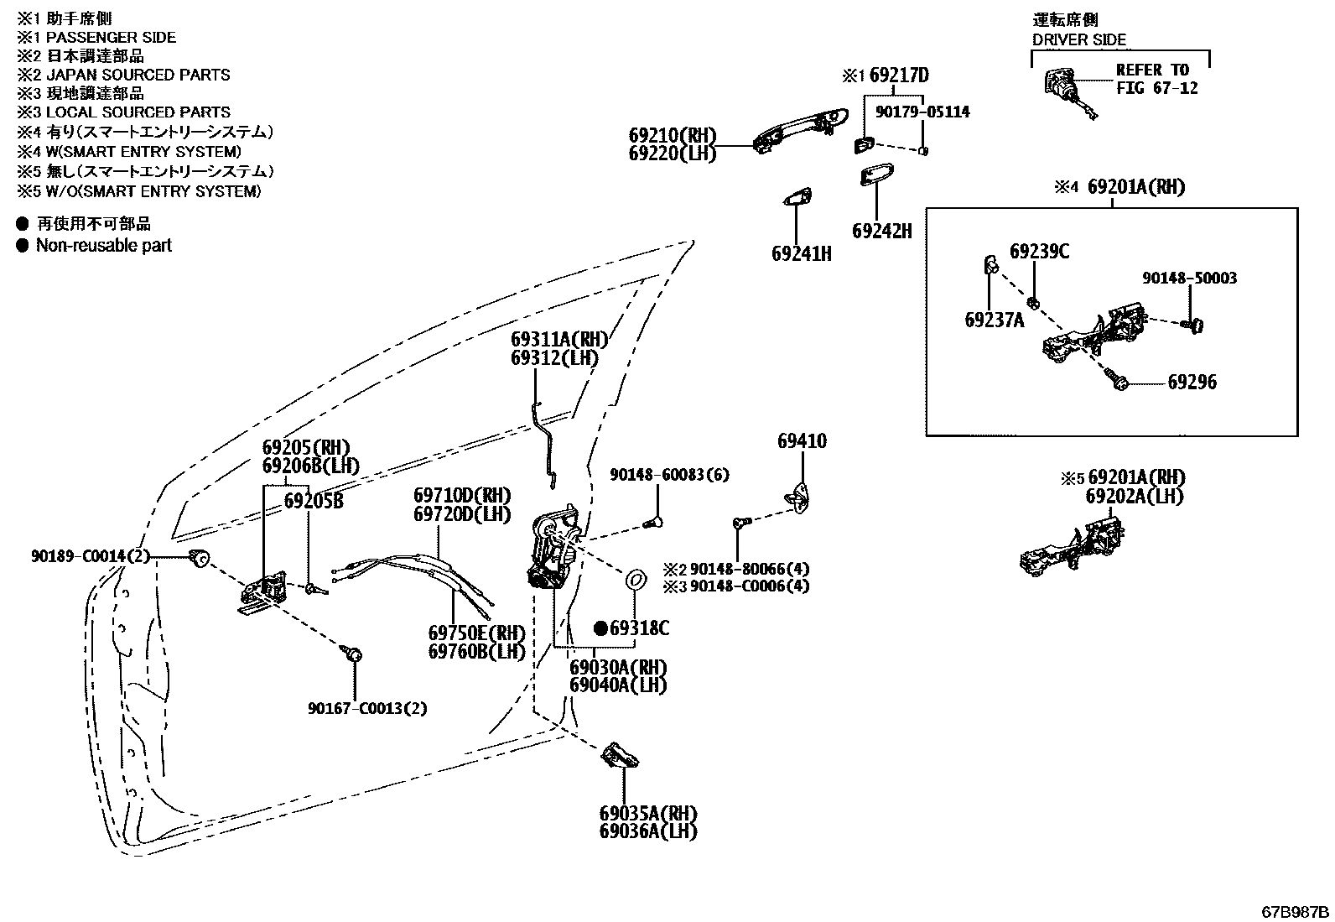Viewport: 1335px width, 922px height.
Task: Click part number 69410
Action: coord(802,441)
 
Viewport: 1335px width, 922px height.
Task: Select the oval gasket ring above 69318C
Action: coord(636,580)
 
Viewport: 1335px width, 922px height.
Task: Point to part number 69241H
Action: coord(801,254)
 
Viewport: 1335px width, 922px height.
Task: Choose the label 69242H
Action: coord(881,231)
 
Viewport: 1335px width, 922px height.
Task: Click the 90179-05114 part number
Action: coord(922,112)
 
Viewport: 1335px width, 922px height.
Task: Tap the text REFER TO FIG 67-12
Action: coord(1156,80)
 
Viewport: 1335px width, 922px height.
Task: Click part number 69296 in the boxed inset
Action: coord(1192,383)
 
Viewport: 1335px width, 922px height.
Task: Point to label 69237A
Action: coord(994,320)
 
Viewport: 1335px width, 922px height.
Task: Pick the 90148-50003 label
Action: coord(1189,278)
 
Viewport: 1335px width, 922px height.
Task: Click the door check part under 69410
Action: coord(798,497)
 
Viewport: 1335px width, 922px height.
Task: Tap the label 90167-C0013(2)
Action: coord(367,709)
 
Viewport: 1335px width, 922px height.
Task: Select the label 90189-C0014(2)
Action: coord(90,556)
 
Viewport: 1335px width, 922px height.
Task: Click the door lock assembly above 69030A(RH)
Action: coord(553,545)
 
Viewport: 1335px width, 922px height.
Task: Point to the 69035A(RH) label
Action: coord(648,814)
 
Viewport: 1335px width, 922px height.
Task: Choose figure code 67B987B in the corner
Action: coord(1295,913)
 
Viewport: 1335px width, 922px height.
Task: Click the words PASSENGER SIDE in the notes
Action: coord(111,38)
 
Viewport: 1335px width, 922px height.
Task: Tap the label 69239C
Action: coord(1039,252)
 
